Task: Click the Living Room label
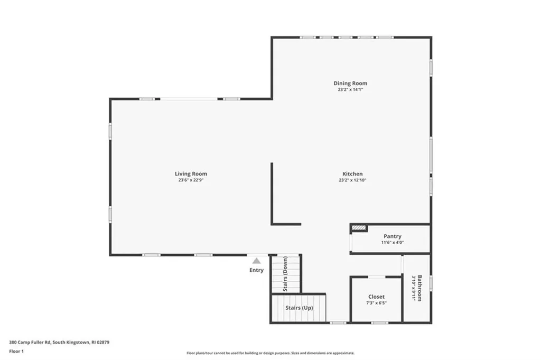(191, 174)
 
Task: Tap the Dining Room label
(350, 84)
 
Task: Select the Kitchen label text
(352, 174)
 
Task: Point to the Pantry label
(392, 236)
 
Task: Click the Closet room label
(376, 297)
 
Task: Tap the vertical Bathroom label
(420, 288)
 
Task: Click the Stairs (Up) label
(300, 308)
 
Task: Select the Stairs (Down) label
(285, 274)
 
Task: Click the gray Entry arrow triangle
(256, 261)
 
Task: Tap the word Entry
(256, 270)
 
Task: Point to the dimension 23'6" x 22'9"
(191, 180)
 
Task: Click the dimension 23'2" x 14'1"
(350, 90)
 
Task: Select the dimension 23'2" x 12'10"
(352, 180)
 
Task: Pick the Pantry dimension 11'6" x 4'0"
(392, 243)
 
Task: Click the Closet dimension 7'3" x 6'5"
(376, 303)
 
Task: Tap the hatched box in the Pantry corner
(359, 228)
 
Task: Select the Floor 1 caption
(16, 351)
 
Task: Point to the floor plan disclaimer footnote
(270, 353)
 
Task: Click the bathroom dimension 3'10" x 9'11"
(414, 288)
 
